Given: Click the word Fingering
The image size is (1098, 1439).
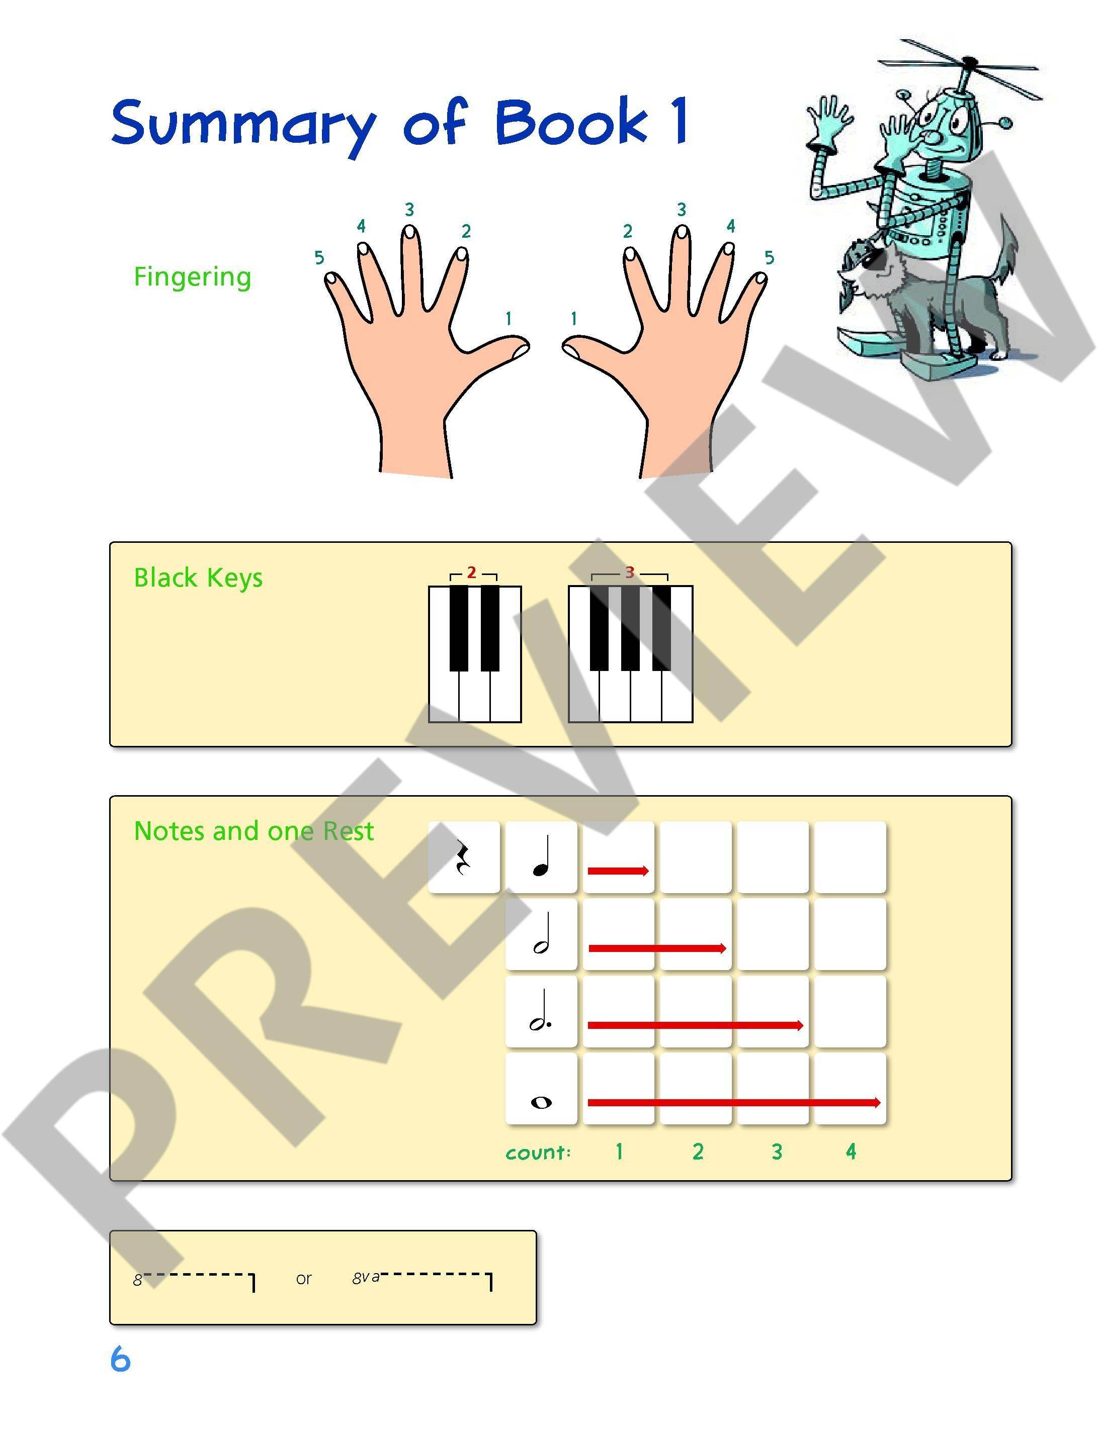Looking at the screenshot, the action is click(x=192, y=277).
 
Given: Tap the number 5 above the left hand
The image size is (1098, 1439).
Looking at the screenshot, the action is click(x=319, y=258).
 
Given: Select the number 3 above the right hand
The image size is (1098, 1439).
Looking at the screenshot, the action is click(x=681, y=210).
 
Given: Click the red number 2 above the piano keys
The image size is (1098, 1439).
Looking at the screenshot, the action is click(x=471, y=573).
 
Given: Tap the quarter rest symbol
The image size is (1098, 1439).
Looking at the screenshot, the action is click(x=464, y=857).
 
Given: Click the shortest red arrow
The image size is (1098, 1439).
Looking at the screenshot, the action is click(x=618, y=871).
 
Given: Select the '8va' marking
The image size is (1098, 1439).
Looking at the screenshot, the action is click(x=365, y=1278).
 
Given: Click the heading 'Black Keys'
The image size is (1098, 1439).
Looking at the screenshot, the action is click(x=198, y=578).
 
